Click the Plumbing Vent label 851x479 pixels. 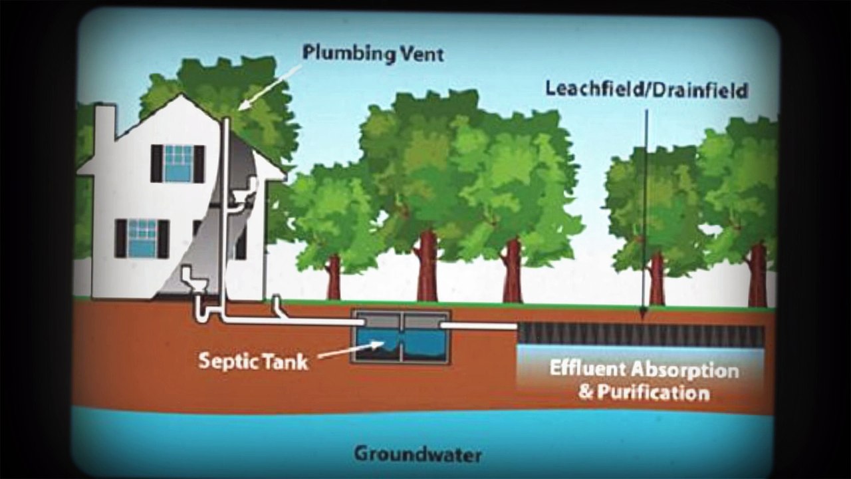click(373, 54)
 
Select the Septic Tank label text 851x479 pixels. click(253, 361)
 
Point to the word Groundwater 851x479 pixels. click(418, 454)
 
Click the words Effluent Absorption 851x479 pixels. click(644, 369)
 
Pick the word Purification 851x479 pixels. click(653, 393)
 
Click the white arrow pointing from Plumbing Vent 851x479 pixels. click(270, 88)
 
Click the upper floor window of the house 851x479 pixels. click(178, 164)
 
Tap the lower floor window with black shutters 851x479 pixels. click(142, 239)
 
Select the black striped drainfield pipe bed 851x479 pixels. click(642, 335)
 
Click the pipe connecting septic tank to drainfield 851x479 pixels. click(479, 326)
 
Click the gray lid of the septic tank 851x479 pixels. click(401, 320)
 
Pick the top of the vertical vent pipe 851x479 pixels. click(226, 119)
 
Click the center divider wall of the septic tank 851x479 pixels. click(402, 337)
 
